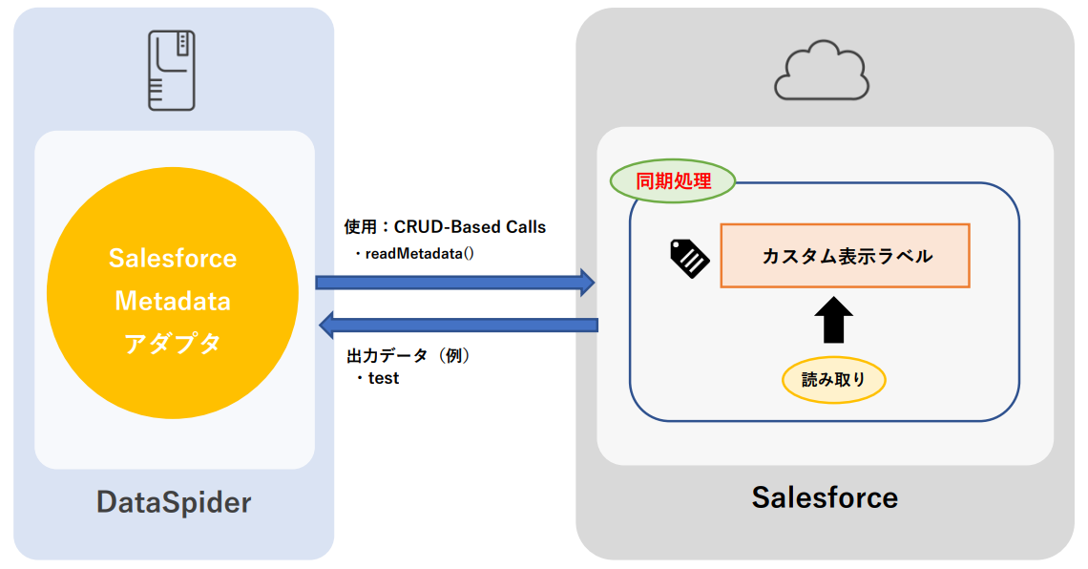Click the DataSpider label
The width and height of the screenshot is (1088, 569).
coord(174,502)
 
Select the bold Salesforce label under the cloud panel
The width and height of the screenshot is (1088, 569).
coord(825,497)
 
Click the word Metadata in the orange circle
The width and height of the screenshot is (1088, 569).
coord(173,302)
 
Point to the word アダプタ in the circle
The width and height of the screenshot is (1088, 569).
coord(173,344)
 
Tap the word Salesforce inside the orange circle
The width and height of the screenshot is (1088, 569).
coord(173,259)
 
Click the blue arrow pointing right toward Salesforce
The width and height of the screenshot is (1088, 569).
coord(455,282)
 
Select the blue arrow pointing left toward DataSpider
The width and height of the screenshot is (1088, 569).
coord(457,325)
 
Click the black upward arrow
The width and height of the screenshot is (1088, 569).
coord(833,319)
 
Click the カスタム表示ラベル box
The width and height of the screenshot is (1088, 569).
coord(845,256)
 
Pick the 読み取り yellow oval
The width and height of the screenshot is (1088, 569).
coord(833,380)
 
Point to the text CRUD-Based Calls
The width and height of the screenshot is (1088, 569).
coord(470,227)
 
